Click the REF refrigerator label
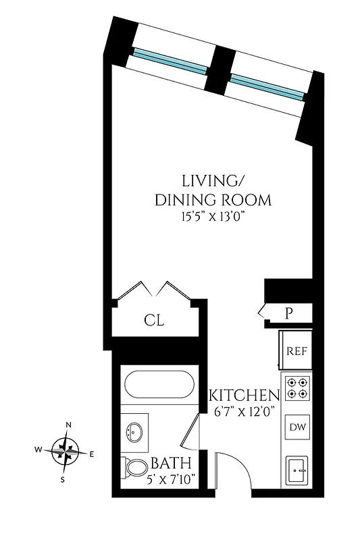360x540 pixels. tap(297, 351)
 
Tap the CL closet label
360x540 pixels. tap(154, 320)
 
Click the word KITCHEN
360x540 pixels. tap(244, 396)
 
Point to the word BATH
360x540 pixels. tap(170, 464)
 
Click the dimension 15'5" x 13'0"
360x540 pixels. tap(213, 217)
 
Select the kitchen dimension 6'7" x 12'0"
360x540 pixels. tap(244, 411)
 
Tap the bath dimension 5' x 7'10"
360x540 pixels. tap(171, 479)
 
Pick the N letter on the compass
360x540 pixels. tap(68, 425)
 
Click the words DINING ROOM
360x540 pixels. tap(213, 200)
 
